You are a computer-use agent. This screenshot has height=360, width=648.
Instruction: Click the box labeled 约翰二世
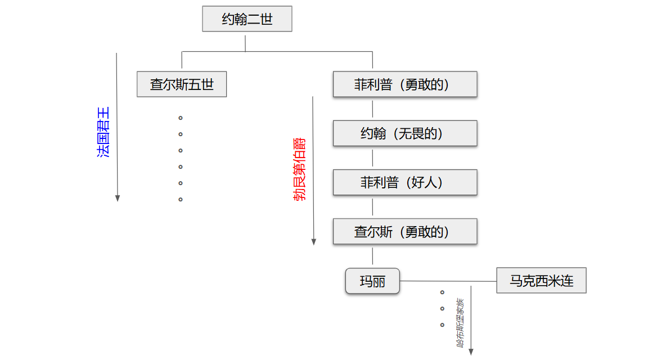click(x=247, y=19)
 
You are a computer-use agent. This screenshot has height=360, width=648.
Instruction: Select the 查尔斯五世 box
click(x=182, y=84)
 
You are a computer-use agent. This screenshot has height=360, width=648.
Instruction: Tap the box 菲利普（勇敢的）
click(x=405, y=84)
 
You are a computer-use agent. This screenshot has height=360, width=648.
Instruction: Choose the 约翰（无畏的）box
click(x=405, y=133)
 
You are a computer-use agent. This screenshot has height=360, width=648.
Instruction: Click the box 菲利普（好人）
click(x=405, y=182)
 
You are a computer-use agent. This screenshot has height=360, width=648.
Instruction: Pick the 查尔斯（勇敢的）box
click(x=405, y=231)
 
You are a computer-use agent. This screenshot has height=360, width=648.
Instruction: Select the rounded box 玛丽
click(x=372, y=281)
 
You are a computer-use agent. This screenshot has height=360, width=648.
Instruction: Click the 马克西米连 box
click(x=541, y=280)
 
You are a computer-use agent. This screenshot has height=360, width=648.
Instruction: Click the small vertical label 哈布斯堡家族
click(x=460, y=323)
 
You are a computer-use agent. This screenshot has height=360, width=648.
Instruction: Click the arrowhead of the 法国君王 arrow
click(x=118, y=197)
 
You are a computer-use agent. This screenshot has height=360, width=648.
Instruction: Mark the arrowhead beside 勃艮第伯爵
click(x=314, y=241)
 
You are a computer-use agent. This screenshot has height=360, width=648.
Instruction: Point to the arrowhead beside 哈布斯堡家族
click(x=471, y=352)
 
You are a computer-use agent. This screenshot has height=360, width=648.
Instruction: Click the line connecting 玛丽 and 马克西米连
click(x=448, y=281)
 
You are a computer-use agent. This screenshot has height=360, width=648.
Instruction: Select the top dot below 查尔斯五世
click(x=181, y=118)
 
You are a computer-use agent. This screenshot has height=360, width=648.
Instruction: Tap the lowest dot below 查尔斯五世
click(x=181, y=199)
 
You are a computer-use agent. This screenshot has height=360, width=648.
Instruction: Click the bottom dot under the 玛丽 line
click(x=442, y=325)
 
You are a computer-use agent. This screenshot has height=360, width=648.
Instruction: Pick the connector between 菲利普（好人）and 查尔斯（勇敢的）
click(x=372, y=206)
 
